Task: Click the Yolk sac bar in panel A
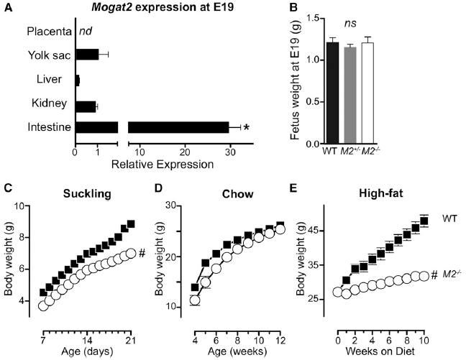tap(87, 55)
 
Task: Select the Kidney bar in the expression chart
tap(86, 106)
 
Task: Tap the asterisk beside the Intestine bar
tap(247, 128)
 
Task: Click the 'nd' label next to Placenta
tap(87, 32)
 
